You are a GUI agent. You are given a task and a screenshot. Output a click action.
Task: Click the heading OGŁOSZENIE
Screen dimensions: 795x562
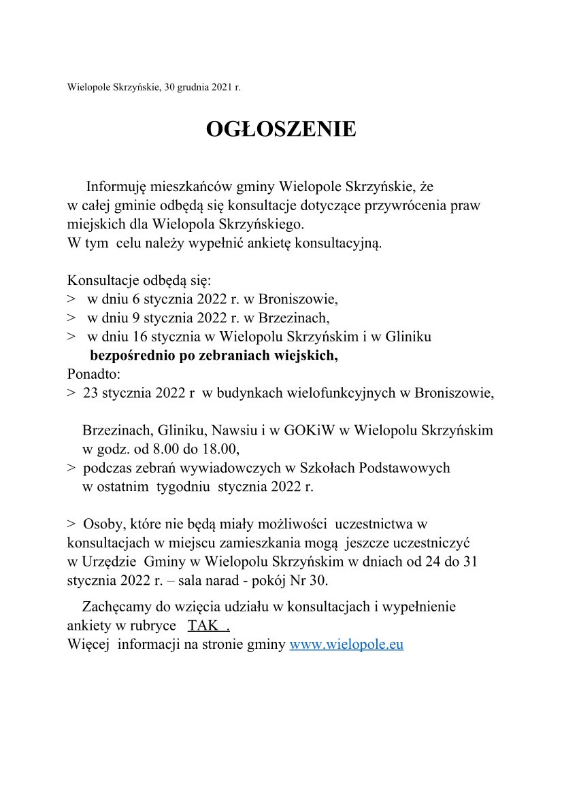pyautogui.click(x=280, y=129)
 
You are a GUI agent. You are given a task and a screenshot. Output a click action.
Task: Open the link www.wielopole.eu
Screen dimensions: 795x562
pyautogui.click(x=346, y=645)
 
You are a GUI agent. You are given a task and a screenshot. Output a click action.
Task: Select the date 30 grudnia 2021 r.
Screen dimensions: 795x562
pyautogui.click(x=202, y=87)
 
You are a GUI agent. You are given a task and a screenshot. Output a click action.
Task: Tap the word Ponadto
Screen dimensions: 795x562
pyautogui.click(x=93, y=374)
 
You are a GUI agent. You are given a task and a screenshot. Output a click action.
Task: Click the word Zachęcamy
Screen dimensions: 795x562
pyautogui.click(x=116, y=607)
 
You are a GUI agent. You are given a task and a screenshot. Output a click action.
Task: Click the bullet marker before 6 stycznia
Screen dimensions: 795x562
pyautogui.click(x=71, y=299)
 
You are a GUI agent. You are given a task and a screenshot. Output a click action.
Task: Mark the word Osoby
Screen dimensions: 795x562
pyautogui.click(x=101, y=524)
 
